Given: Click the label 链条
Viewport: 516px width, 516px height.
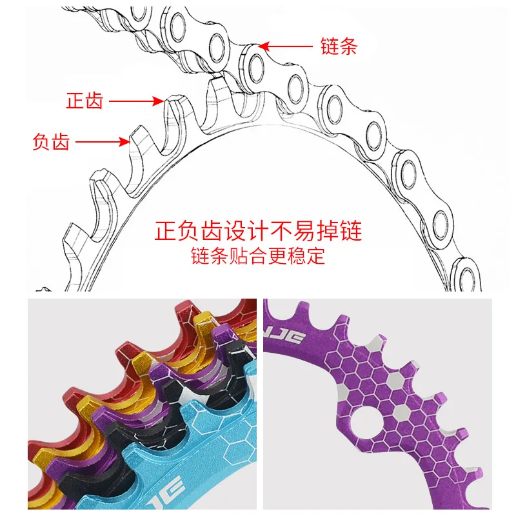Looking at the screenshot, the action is [x=338, y=46].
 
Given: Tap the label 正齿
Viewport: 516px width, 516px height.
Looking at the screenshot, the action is [x=84, y=101].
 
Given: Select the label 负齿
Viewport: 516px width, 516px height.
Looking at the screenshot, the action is [x=50, y=141].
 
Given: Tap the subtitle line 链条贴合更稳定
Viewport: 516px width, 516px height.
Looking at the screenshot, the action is [x=258, y=256].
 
